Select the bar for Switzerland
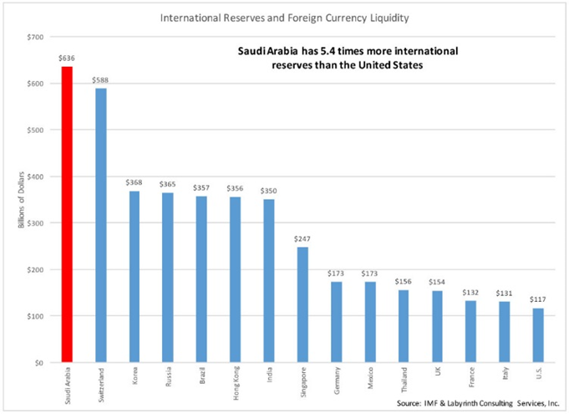(x=100, y=225)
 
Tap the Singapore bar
(x=301, y=304)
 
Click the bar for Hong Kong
(x=234, y=279)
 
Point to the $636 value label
(x=66, y=59)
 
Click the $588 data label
(x=100, y=80)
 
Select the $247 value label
(x=301, y=239)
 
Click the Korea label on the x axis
(x=134, y=376)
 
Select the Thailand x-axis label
(x=401, y=380)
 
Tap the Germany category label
(x=334, y=380)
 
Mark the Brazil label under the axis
(x=201, y=376)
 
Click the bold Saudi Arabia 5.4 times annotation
(x=351, y=59)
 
